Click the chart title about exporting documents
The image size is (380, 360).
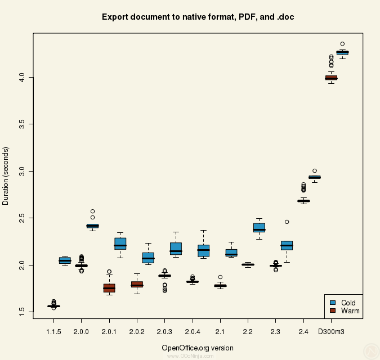click(x=198, y=17)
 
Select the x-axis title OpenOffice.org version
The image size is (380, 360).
click(x=198, y=348)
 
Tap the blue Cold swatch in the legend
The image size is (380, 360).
click(x=333, y=303)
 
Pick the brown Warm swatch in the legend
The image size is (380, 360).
click(x=333, y=310)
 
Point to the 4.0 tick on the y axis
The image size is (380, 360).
click(x=22, y=76)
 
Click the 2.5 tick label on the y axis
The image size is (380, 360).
click(x=22, y=218)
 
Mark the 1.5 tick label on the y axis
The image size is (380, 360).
click(x=22, y=312)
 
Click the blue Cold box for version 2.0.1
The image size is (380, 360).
click(x=120, y=244)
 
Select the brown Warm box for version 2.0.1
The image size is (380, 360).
click(x=109, y=288)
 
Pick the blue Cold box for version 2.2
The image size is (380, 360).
click(x=259, y=228)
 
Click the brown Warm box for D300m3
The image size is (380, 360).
click(x=331, y=78)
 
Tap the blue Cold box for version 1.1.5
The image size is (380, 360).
click(x=65, y=260)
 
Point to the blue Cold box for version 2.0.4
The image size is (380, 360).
click(x=203, y=250)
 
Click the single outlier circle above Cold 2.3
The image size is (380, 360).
click(x=287, y=222)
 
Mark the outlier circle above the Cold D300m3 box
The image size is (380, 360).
click(x=342, y=43)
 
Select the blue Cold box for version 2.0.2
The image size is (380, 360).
click(x=148, y=258)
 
